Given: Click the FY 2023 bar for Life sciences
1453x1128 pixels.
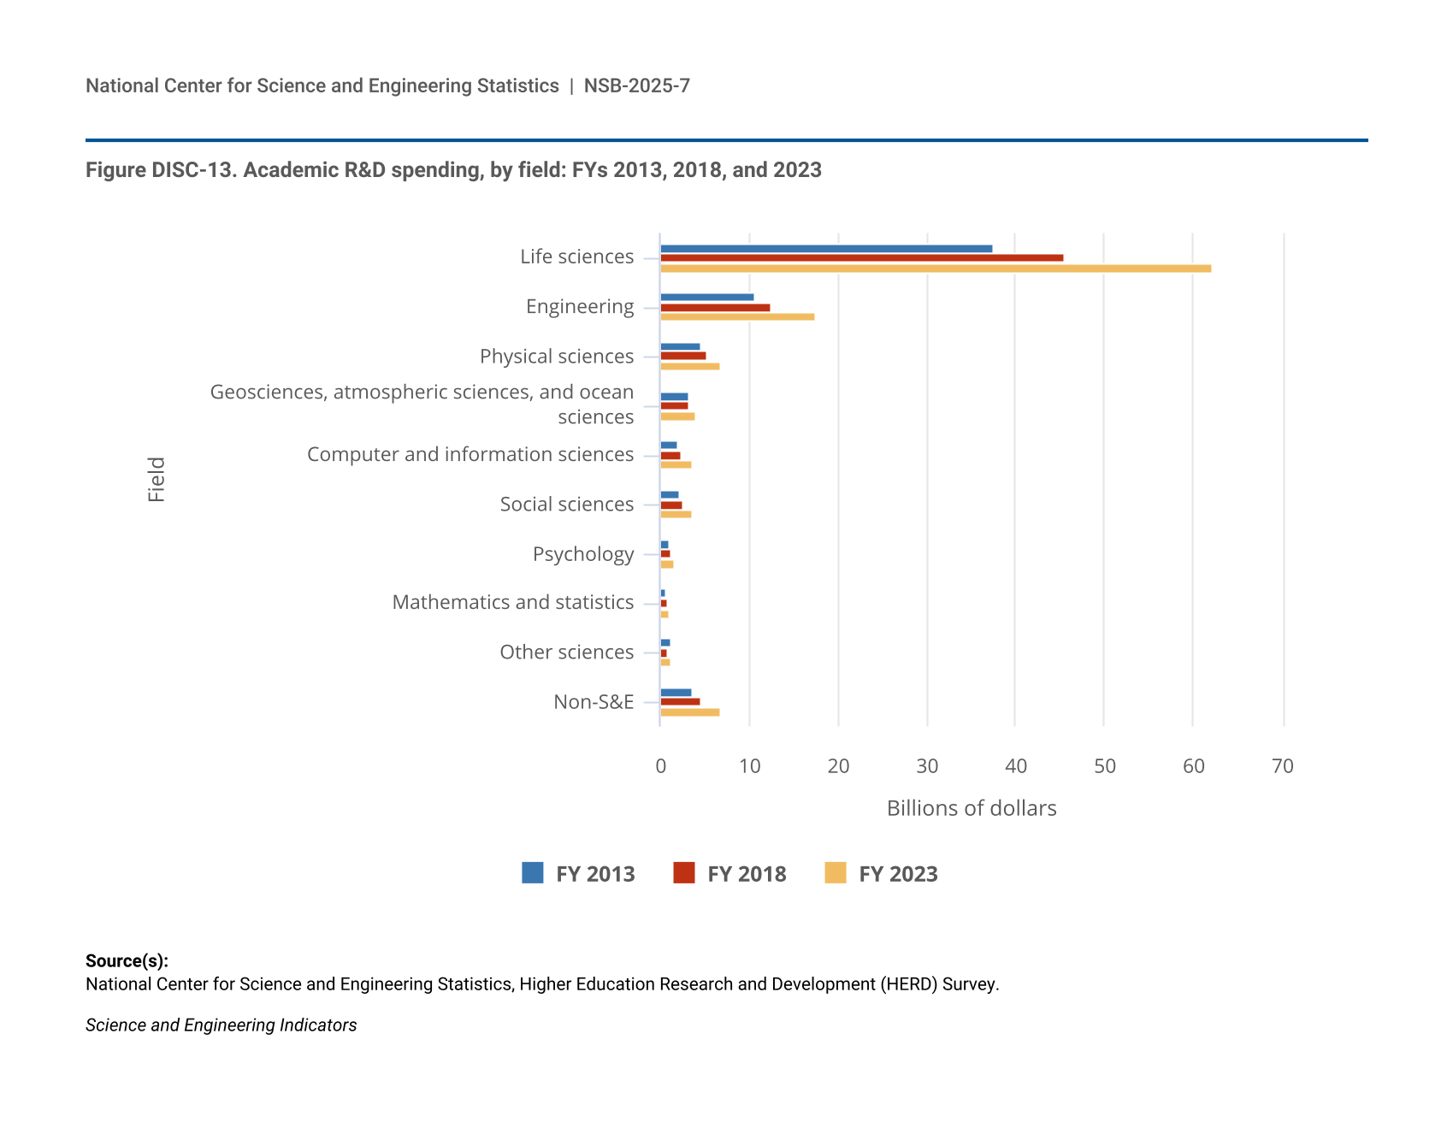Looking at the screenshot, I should (x=936, y=269).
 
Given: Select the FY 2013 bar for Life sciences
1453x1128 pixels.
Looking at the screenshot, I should (x=826, y=249).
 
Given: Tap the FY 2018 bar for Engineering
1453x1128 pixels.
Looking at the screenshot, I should (x=715, y=308).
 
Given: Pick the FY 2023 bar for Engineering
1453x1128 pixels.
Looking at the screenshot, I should (x=737, y=317).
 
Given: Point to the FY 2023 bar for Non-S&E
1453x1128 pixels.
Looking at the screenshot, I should (x=689, y=712).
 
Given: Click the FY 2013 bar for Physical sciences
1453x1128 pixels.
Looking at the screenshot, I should (x=680, y=346).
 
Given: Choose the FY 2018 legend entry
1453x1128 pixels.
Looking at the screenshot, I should (x=729, y=874).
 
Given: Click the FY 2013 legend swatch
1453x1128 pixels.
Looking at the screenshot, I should (x=533, y=873).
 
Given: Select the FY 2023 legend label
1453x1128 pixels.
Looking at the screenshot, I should (x=898, y=874).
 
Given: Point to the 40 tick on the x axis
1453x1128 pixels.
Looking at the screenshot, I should (x=1016, y=766).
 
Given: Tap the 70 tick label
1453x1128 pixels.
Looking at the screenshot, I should (x=1283, y=766).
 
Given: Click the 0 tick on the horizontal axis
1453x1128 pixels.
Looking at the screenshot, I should (x=661, y=766).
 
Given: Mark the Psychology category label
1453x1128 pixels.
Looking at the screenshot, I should (x=583, y=554).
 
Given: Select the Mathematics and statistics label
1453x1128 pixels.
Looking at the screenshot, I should (x=513, y=603).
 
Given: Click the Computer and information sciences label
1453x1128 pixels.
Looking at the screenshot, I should (x=470, y=455).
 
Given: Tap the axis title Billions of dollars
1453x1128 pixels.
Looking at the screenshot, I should (x=972, y=809).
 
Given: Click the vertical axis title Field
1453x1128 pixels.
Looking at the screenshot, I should (x=157, y=480).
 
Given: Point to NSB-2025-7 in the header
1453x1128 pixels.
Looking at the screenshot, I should (x=637, y=86).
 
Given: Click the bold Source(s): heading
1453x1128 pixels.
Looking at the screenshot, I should (x=127, y=961).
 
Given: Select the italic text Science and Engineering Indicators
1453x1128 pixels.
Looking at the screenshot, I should (x=221, y=1025).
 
